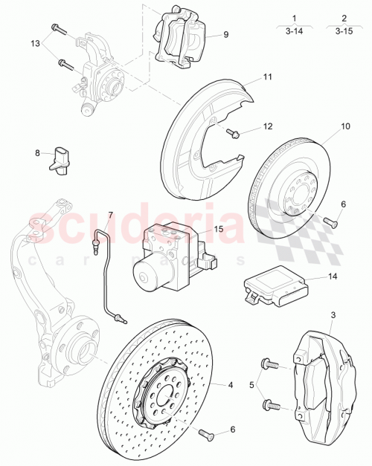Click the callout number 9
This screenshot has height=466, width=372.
225,34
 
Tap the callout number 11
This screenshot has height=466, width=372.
267,77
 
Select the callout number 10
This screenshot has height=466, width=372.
345,126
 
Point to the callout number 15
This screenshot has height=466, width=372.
219,230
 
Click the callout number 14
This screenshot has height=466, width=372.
333,276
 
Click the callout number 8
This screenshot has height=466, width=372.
37,154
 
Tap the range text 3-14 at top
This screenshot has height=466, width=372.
295,31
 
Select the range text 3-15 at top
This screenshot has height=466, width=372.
344,31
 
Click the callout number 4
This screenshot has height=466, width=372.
231,384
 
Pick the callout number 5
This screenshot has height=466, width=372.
252,385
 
